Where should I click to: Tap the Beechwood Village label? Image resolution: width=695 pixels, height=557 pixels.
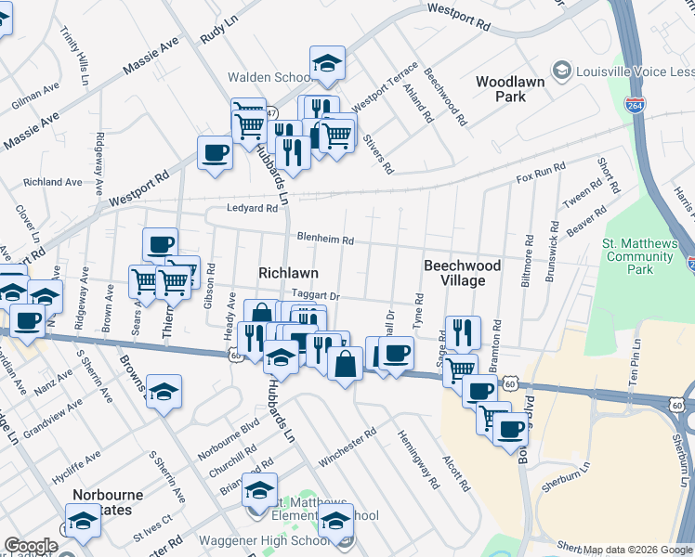(x=462, y=273)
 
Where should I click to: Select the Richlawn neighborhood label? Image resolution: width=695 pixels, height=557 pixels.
(x=288, y=273)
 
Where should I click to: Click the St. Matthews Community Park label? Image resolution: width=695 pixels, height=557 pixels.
(x=641, y=257)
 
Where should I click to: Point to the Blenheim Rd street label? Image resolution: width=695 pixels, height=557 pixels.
(x=325, y=240)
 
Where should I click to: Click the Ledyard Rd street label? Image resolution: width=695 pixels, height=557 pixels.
(x=253, y=209)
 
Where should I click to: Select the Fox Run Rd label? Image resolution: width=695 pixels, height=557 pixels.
(x=541, y=173)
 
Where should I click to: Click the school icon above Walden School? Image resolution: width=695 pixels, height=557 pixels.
(x=327, y=62)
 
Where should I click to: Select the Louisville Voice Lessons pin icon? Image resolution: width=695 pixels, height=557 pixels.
(x=561, y=71)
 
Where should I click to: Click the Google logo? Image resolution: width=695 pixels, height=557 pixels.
(x=30, y=546)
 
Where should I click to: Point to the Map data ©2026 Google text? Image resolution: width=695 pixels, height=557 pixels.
(x=637, y=550)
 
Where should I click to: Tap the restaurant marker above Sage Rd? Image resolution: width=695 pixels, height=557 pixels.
(x=463, y=331)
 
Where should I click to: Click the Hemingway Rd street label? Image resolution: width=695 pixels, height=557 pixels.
(x=418, y=459)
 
